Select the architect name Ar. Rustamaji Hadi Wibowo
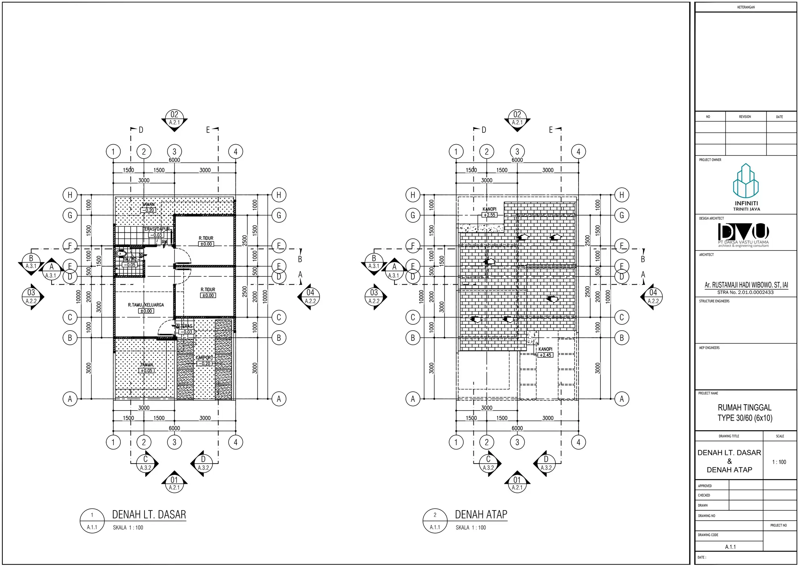(x=746, y=285)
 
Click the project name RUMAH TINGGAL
(x=745, y=408)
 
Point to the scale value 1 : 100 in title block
(x=779, y=462)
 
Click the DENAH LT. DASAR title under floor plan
(x=149, y=514)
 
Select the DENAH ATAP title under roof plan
(x=481, y=514)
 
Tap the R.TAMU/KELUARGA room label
(x=146, y=305)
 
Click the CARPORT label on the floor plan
(x=204, y=358)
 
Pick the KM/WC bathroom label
(x=130, y=259)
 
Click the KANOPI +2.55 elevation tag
(x=489, y=215)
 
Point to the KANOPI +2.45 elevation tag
(x=545, y=355)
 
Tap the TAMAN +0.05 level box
(x=146, y=371)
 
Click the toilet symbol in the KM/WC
(x=121, y=254)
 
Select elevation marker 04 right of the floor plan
(x=310, y=297)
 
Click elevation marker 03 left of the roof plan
(x=374, y=297)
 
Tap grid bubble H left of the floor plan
(x=70, y=195)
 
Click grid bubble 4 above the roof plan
(x=579, y=152)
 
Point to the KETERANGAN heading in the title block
(x=746, y=7)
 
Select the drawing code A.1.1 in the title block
(x=730, y=547)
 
